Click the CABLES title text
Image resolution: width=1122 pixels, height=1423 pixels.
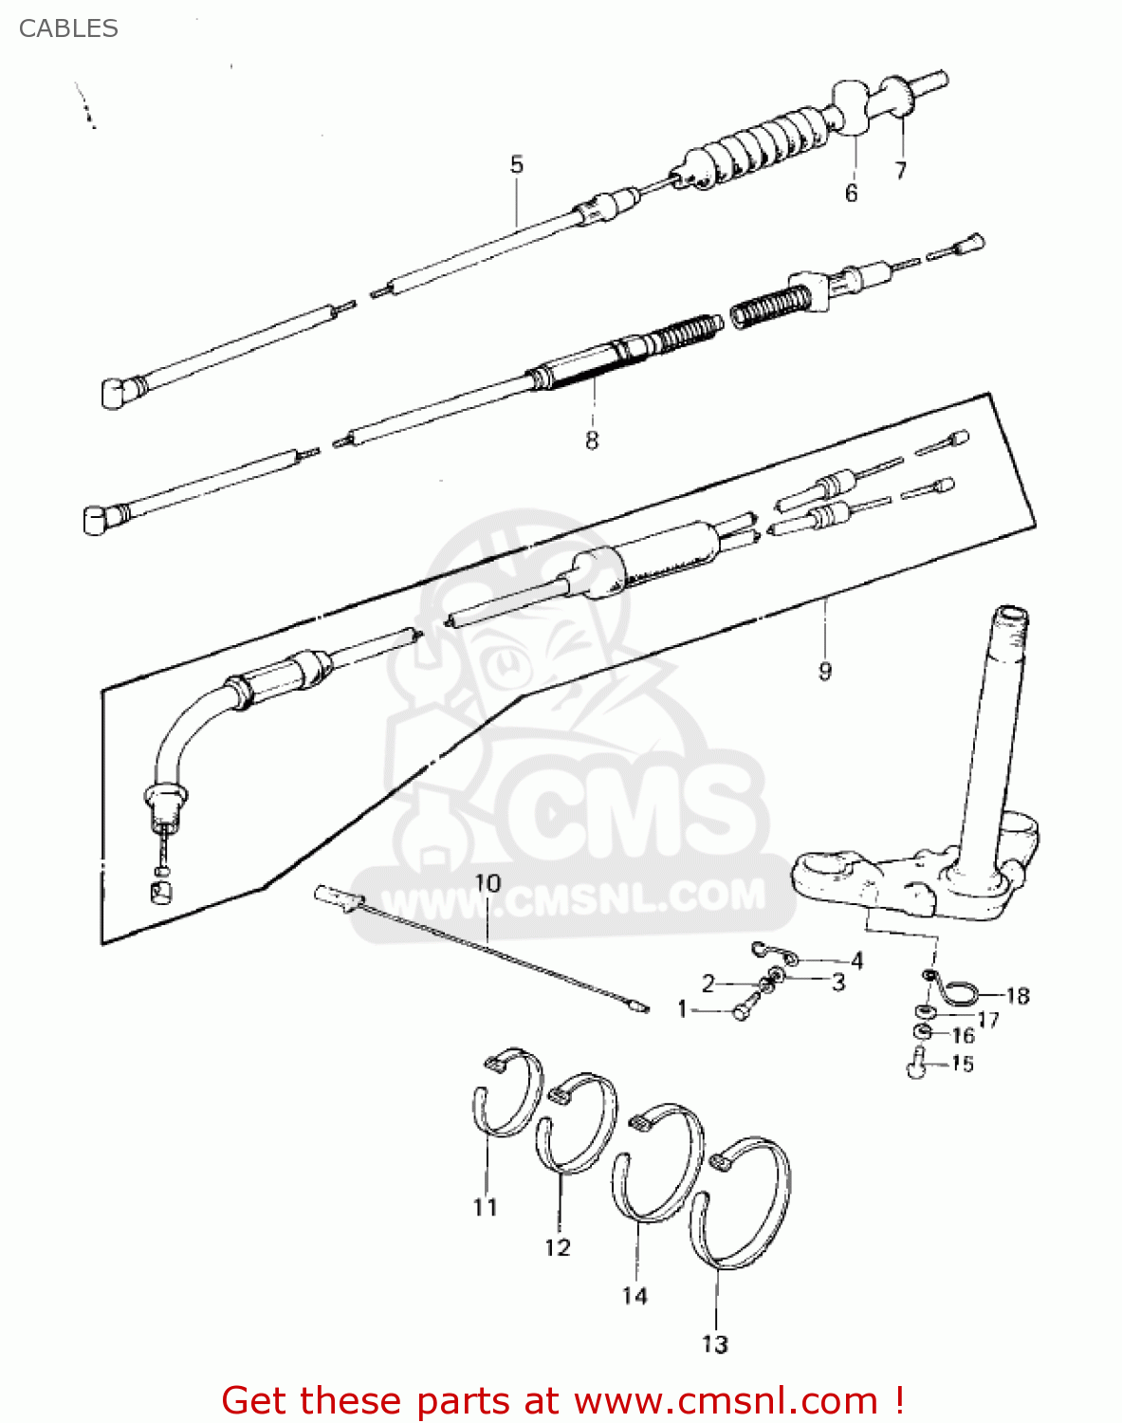click(x=68, y=28)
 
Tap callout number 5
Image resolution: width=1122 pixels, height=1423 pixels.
click(x=517, y=164)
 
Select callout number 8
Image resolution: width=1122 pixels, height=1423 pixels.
click(x=592, y=440)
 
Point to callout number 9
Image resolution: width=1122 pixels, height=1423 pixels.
click(x=825, y=672)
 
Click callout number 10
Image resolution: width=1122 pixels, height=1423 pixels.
click(x=487, y=883)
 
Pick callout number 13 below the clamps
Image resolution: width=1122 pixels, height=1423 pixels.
click(x=715, y=1344)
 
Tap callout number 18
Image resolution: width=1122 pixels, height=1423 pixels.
click(x=1018, y=996)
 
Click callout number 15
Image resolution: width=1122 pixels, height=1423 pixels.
click(x=963, y=1064)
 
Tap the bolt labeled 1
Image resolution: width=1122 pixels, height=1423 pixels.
click(x=742, y=1012)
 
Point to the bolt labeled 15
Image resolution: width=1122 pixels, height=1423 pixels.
click(x=916, y=1066)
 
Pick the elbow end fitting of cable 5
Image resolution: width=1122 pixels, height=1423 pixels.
click(x=115, y=392)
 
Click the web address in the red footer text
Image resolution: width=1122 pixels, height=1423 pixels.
click(x=726, y=1401)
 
